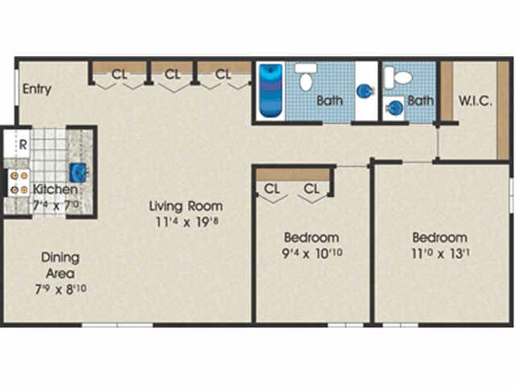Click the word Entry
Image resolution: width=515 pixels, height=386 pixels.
tap(37, 88)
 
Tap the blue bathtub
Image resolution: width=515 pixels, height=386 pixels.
tap(269, 91)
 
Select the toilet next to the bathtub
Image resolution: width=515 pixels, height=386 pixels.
tap(305, 78)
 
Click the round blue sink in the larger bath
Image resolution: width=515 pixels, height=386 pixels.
tap(365, 91)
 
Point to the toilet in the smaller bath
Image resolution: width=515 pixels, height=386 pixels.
tap(398, 77)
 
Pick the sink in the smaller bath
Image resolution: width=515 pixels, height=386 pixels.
tap(393, 107)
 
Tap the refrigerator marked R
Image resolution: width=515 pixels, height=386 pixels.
tap(23, 146)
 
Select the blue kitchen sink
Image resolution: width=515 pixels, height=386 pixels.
tap(78, 172)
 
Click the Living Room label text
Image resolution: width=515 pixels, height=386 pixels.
tap(186, 206)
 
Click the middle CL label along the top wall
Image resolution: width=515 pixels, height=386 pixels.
tap(172, 74)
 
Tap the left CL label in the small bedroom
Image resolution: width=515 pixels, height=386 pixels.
tap(271, 190)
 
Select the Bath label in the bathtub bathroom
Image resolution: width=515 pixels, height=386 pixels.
tap(329, 101)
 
